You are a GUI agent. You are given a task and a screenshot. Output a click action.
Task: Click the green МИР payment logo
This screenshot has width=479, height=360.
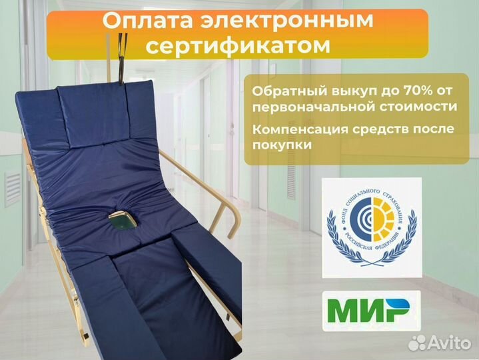(367, 310)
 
